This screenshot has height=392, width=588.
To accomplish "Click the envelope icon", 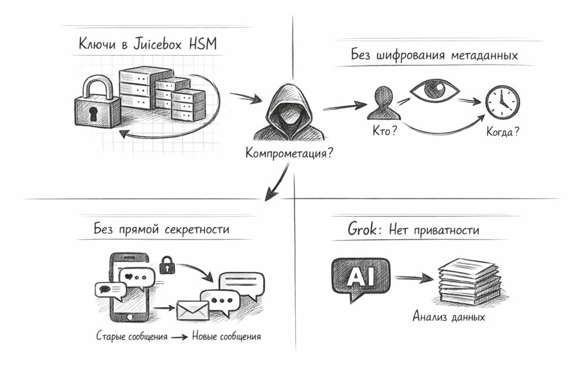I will pyautogui.click(x=193, y=310).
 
